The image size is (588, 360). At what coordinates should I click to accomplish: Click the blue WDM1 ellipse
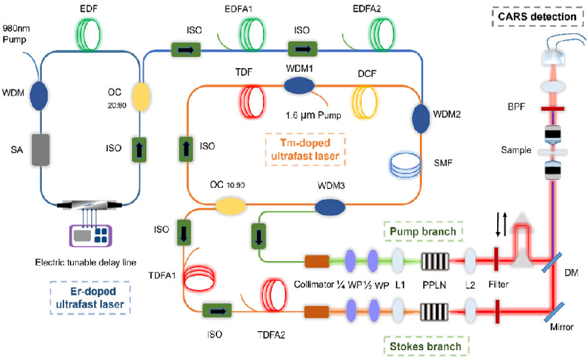[299, 84]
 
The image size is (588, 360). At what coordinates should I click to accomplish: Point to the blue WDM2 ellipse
[421, 118]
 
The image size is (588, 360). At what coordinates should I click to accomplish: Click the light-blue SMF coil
[407, 163]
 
